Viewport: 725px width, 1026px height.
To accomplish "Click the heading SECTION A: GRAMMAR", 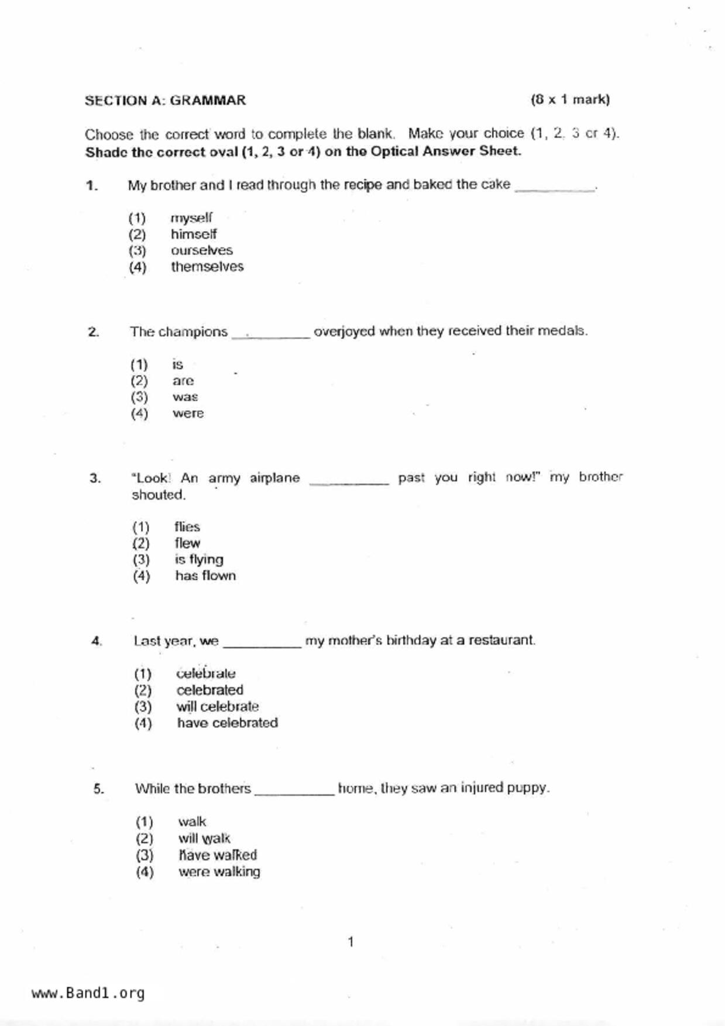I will coord(165,101).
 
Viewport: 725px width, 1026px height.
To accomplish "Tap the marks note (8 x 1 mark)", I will coord(570,99).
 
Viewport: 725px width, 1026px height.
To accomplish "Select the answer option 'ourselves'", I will coord(201,250).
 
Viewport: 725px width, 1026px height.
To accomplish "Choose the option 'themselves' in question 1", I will coord(207,267).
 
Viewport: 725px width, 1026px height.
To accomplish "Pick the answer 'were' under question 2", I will coord(188,414).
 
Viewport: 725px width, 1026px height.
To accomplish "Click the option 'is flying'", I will coord(199,560).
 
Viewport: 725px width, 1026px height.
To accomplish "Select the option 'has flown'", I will coord(205,576).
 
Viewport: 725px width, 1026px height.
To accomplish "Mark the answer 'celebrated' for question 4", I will coord(209,690).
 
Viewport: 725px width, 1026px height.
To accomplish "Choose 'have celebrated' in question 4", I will coord(227,723).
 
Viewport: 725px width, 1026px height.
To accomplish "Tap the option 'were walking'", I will coord(219,872).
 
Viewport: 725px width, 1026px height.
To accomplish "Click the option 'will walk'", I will coord(204,839).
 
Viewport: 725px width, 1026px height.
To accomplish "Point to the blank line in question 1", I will coord(554,187).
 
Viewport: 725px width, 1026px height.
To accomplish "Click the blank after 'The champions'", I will coord(271,333).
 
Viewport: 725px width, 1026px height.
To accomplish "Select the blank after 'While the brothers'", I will coord(294,790).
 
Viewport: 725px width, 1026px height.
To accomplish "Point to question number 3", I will coord(95,478).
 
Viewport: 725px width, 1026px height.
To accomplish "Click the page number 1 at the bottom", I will coord(351,942).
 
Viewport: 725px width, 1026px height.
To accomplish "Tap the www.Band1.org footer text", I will coord(88,993).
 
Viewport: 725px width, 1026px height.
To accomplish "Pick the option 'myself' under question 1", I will coord(191,218).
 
